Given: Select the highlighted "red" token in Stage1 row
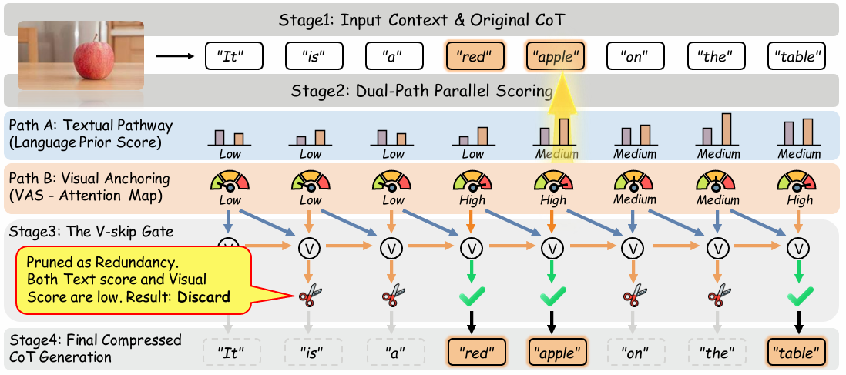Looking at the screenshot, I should (475, 56).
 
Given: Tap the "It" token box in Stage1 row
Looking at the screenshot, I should (235, 56).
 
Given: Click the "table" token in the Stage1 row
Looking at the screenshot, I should (797, 56).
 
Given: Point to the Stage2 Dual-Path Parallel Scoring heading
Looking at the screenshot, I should (421, 91).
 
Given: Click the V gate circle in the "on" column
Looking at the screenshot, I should (633, 248).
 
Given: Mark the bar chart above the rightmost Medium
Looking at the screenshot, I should (798, 131).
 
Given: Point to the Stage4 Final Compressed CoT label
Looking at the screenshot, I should (94, 348).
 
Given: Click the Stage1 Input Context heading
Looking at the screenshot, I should (421, 19).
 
